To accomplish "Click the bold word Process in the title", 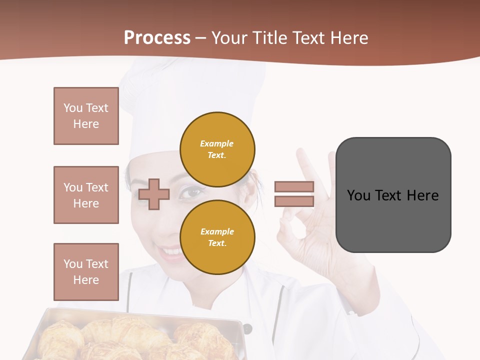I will [157, 37].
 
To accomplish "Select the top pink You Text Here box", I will [86, 116].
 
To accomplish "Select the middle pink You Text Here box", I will [86, 195].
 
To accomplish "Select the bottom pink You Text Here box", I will [86, 272].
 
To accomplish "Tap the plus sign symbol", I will [154, 194].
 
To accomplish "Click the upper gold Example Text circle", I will [217, 149].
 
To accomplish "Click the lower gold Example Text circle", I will [217, 237].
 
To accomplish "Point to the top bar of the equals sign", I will [294, 186].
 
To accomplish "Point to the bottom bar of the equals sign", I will [294, 201].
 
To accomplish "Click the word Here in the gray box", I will [422, 195].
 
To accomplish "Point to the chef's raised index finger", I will [304, 164].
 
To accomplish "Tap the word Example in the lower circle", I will [217, 231].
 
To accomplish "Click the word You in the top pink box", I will [72, 108].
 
